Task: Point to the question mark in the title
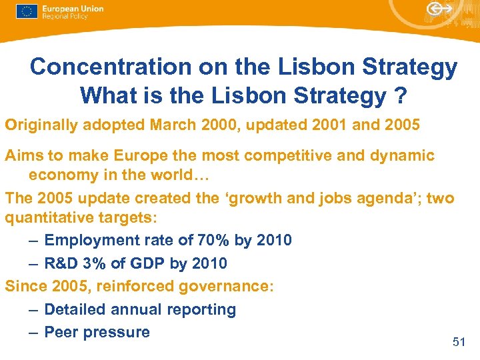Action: coord(399,95)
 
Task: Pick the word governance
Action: coord(225,287)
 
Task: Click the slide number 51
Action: coord(459,342)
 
